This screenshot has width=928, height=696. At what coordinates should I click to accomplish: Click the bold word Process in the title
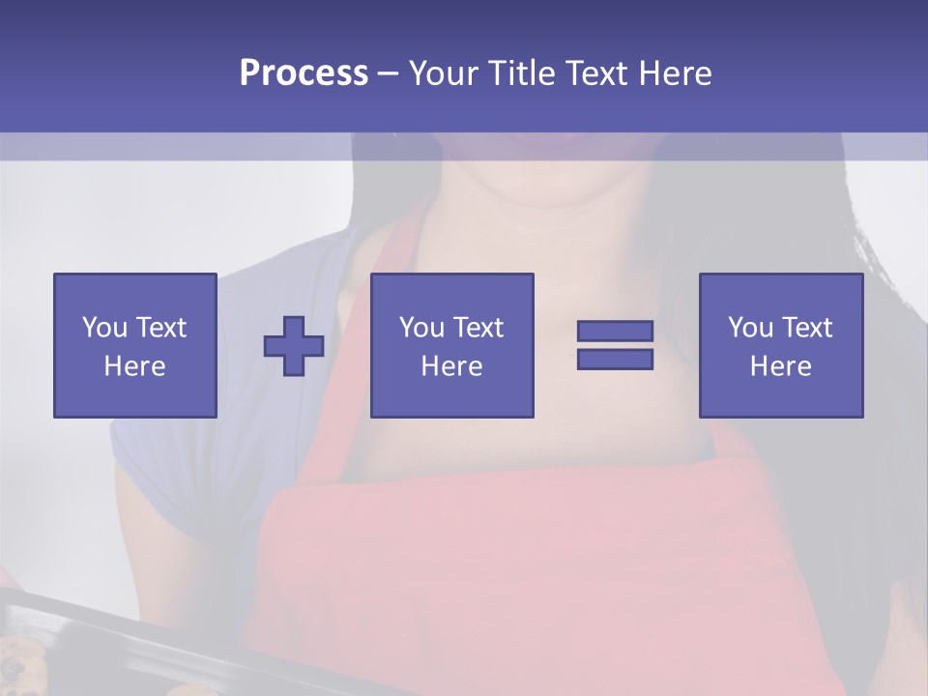(304, 73)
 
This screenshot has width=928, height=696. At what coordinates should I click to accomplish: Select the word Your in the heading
(445, 73)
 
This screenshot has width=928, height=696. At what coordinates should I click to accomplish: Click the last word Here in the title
(674, 73)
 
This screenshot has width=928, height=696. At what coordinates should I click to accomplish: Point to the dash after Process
(389, 74)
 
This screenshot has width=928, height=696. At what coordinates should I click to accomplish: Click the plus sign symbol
(294, 345)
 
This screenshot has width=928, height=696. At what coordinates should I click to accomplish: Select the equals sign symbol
(615, 345)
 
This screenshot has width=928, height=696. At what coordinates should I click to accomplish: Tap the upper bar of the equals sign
(615, 331)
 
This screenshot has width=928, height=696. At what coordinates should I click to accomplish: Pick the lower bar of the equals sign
(615, 360)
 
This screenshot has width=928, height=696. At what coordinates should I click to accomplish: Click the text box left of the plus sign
(134, 345)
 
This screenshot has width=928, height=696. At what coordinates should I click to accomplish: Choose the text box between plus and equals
(451, 345)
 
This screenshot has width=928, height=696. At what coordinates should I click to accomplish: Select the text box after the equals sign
(780, 345)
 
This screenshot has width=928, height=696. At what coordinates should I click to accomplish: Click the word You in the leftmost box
(103, 328)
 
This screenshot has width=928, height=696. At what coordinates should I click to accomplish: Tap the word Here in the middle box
(451, 366)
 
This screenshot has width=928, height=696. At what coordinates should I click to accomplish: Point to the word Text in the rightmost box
(806, 328)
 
